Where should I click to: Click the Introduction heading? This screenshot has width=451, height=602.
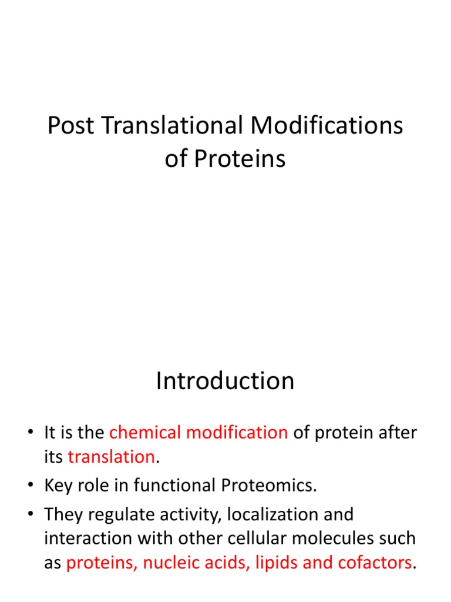pos(225,382)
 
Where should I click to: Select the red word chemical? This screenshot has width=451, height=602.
pos(145,433)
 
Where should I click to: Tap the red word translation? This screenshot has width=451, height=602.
pos(112,457)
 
